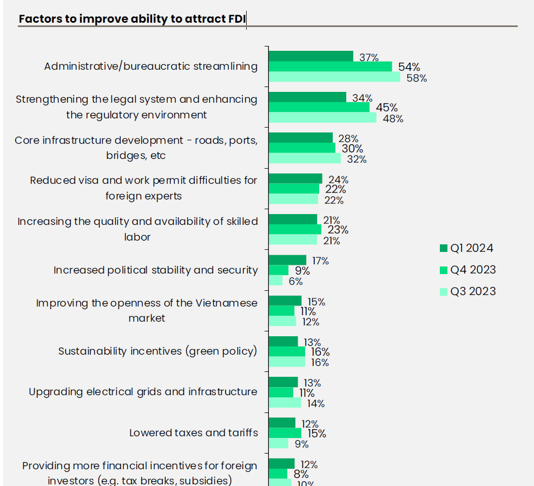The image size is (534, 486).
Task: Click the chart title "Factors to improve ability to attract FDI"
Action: [x=133, y=19]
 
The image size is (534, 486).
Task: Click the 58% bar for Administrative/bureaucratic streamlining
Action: [x=334, y=77]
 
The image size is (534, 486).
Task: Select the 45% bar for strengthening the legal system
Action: [x=319, y=107]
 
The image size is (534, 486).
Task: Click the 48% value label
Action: [x=393, y=118]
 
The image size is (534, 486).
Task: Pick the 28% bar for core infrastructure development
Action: [x=301, y=138]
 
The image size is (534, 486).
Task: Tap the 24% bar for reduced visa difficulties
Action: [x=295, y=179]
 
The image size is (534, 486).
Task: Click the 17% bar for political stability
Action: [x=287, y=260]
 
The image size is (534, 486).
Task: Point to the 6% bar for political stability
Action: [x=275, y=281]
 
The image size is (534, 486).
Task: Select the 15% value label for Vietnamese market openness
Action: [x=316, y=302]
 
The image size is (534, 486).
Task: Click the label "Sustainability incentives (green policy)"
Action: [x=157, y=351]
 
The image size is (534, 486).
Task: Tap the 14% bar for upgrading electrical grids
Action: [x=285, y=403]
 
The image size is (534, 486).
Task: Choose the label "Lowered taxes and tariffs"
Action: [x=193, y=432]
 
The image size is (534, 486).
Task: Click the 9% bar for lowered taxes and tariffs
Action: [x=278, y=443]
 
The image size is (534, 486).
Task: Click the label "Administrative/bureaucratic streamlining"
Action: [x=150, y=66]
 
